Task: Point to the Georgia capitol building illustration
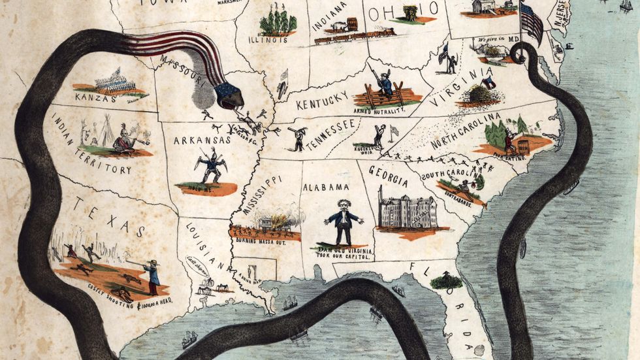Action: [408, 210]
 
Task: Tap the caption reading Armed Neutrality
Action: [379, 111]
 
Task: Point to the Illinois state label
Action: [268, 40]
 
